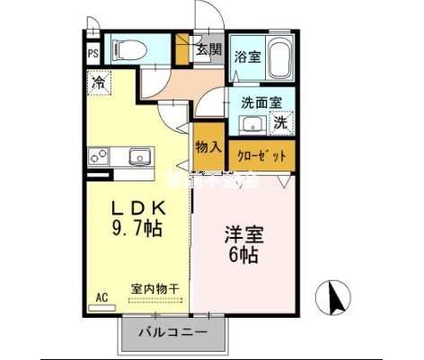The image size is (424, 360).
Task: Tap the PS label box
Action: click(x=93, y=52)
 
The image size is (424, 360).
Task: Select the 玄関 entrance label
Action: click(x=208, y=50)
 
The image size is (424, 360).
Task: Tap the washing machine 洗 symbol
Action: click(x=281, y=121)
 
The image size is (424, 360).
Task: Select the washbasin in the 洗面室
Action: click(x=251, y=124)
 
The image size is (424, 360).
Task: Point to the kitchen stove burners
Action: click(x=97, y=157)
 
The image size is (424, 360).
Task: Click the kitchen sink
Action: click(x=139, y=158)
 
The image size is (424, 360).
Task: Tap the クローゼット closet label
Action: click(x=261, y=155)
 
